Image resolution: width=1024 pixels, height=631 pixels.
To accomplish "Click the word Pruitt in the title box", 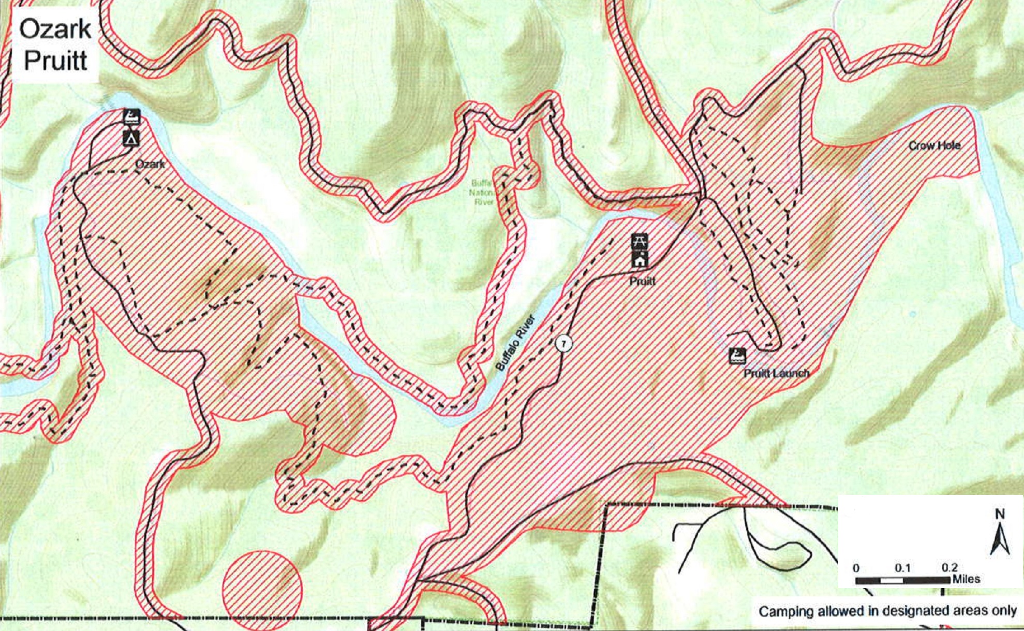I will [x=55, y=61].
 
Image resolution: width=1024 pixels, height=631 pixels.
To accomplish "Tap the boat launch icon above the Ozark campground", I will [x=132, y=116].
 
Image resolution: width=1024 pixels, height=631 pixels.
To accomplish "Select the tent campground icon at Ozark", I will [x=131, y=138].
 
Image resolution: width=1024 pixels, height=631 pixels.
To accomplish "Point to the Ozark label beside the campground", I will [x=150, y=164].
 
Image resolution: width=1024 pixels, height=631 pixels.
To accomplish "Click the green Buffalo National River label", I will [x=483, y=192].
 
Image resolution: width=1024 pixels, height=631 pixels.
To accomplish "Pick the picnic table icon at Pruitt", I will [x=640, y=241].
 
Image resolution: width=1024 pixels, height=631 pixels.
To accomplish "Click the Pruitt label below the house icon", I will [x=642, y=281].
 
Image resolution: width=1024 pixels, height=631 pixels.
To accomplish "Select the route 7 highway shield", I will [x=564, y=343].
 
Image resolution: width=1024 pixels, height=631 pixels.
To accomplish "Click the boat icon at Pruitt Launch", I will [x=737, y=356].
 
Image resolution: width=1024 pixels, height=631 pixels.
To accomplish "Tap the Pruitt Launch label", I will [x=776, y=373].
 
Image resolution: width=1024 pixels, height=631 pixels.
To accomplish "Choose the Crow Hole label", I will [x=934, y=145].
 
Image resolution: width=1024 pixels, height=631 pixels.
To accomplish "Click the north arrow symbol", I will [x=1000, y=539].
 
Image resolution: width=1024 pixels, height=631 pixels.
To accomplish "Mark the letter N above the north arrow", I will [x=1000, y=514].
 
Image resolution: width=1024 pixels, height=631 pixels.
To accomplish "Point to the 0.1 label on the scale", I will [x=902, y=568].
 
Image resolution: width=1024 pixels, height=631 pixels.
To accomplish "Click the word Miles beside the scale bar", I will [x=966, y=579].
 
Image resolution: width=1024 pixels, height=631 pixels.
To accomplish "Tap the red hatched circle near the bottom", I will [x=262, y=590].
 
